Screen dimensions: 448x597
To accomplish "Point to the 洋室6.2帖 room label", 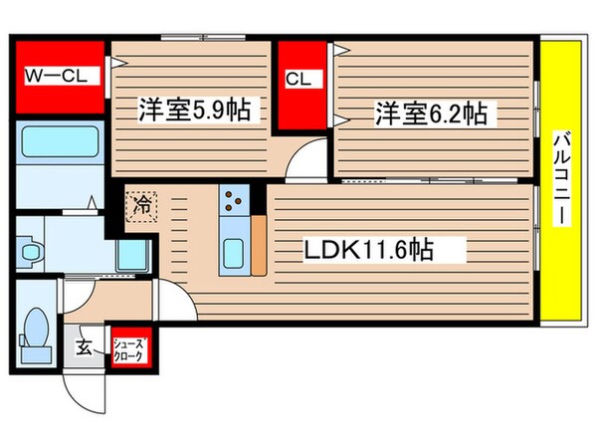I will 430,114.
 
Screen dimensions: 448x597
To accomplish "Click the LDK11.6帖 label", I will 367,249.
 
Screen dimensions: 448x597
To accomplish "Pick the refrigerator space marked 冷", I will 142,207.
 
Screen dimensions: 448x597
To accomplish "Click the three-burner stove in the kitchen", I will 236,203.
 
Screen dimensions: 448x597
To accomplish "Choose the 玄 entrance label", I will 84,347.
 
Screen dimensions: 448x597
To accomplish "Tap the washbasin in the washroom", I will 29,249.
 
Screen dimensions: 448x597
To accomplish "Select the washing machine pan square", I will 130,257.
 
